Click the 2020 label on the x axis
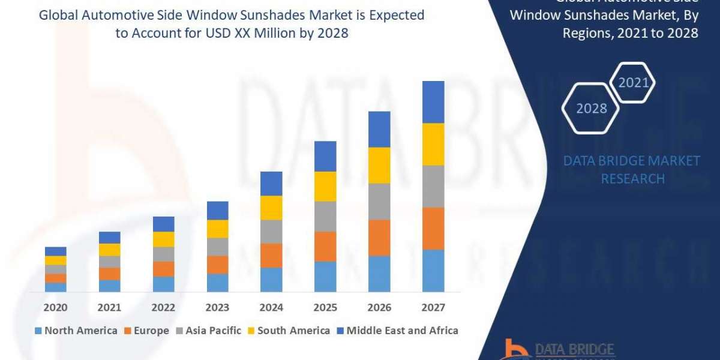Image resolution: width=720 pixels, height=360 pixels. point(55,308)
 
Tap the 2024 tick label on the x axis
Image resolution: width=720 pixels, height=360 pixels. point(271,308)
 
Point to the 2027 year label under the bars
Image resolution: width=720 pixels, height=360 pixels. point(433,308)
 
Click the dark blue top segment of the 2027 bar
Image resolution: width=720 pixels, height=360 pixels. point(433,102)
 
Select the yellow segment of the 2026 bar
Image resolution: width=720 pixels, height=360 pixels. point(379,165)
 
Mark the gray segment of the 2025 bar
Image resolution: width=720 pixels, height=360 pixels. point(325,217)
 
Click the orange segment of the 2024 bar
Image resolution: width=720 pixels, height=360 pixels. point(271,256)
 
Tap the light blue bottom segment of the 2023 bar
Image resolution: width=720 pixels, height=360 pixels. point(217,283)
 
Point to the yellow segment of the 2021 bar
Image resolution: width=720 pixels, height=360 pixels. point(109,250)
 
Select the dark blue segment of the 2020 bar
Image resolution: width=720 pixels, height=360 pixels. point(55,251)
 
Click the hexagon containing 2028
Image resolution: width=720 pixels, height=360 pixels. point(590,109)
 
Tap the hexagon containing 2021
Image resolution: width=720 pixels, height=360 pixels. point(632,82)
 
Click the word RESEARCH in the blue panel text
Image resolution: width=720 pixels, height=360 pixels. point(632,179)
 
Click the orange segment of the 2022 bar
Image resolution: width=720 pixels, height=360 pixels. point(163,269)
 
